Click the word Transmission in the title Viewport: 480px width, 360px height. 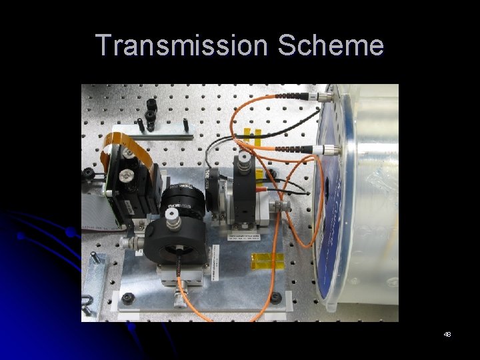(182, 45)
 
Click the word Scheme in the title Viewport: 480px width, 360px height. (331, 45)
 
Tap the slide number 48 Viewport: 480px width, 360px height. (447, 333)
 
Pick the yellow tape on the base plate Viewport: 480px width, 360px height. (267, 261)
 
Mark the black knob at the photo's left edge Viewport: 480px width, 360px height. (87, 175)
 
